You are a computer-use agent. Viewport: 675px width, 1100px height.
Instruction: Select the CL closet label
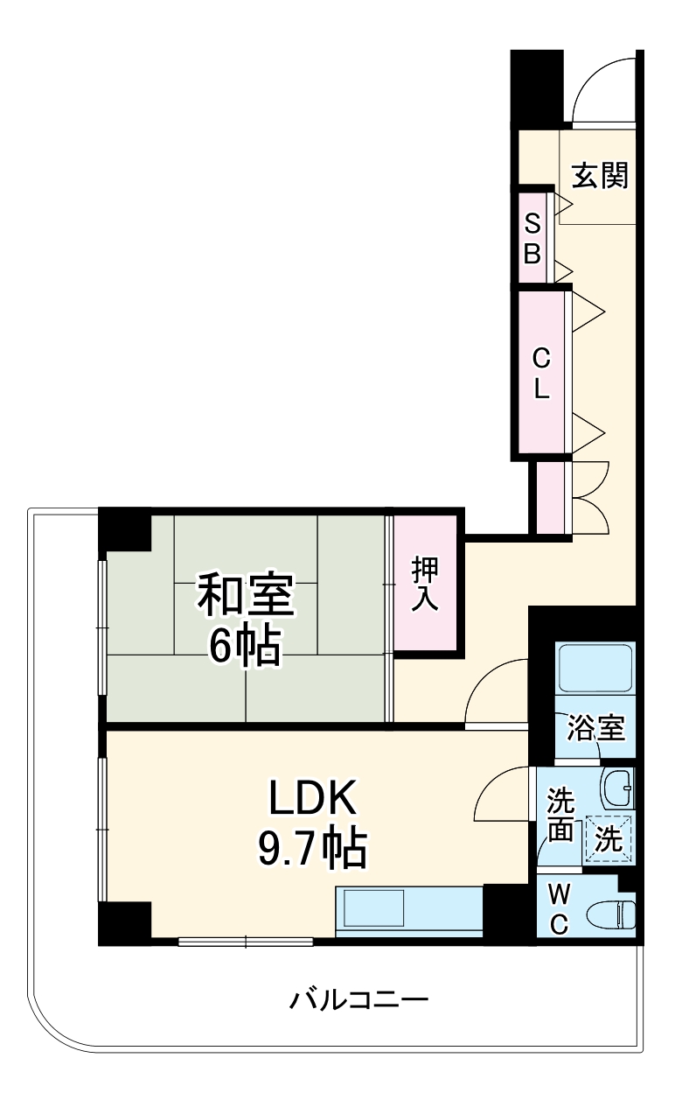541,373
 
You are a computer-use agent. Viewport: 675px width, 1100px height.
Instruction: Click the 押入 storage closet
426,584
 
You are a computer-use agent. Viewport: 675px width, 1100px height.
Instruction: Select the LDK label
311,798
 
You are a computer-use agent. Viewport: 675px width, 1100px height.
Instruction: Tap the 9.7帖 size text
311,847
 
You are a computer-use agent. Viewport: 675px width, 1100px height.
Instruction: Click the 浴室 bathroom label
596,728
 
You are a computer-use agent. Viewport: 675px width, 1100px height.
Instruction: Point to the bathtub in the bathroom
595,670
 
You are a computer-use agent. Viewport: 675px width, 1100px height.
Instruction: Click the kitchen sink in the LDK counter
373,908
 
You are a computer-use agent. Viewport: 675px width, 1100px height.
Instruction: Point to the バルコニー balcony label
359,998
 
